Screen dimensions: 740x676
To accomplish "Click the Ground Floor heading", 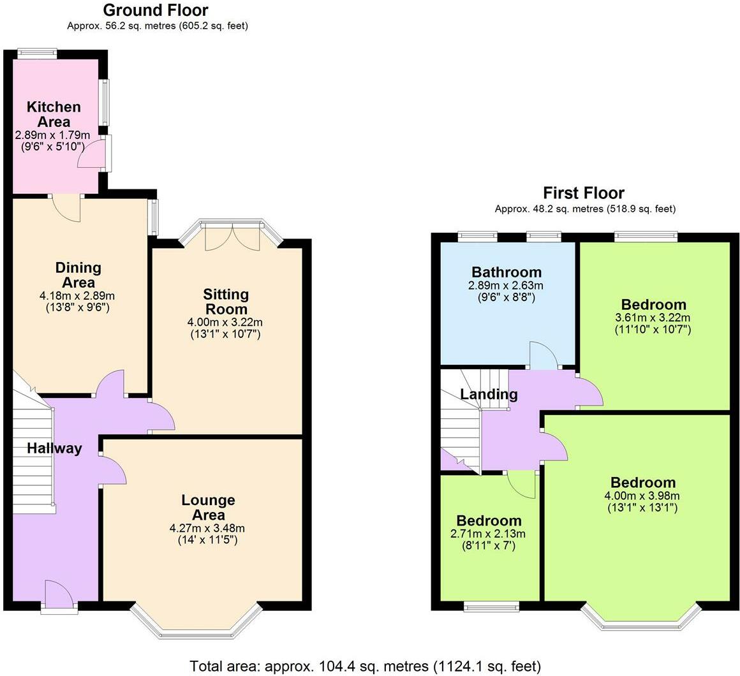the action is pyautogui.click(x=156, y=10).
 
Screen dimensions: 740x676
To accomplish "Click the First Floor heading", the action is pyautogui.click(x=584, y=193).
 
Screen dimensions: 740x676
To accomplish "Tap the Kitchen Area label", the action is pyautogui.click(x=54, y=114).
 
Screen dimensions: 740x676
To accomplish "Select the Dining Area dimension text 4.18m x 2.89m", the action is pyautogui.click(x=77, y=297).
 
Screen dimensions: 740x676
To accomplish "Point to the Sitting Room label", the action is pyautogui.click(x=226, y=302).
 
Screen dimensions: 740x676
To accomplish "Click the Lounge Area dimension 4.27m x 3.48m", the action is pyautogui.click(x=207, y=528).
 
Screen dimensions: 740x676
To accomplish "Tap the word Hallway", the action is pyautogui.click(x=54, y=448).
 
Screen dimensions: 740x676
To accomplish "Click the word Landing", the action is pyautogui.click(x=489, y=394).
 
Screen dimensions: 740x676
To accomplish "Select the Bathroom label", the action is pyautogui.click(x=507, y=272).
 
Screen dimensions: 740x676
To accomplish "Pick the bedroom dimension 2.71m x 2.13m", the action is pyautogui.click(x=488, y=534).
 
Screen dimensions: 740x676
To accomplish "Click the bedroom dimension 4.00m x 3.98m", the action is pyautogui.click(x=642, y=496).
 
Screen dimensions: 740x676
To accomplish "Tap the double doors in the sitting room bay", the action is pyautogui.click(x=233, y=237).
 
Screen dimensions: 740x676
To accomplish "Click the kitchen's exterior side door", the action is pyautogui.click(x=94, y=152).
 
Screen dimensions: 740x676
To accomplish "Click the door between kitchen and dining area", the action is pyautogui.click(x=66, y=207).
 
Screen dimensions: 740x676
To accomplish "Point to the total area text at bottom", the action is pyautogui.click(x=366, y=666).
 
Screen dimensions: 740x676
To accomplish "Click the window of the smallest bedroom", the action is pyautogui.click(x=491, y=606).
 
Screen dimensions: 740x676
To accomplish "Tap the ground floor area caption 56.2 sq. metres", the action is pyautogui.click(x=157, y=26).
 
